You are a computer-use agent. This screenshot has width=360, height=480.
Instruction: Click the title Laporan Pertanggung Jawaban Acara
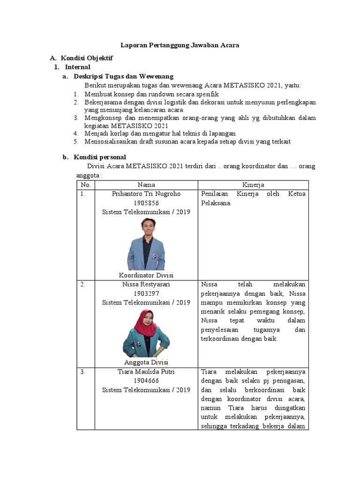[180, 45]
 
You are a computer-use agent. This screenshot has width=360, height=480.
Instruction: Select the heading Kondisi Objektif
[87, 58]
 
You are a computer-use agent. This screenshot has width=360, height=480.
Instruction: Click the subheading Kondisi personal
[100, 157]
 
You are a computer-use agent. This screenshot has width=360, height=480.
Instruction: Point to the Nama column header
[146, 185]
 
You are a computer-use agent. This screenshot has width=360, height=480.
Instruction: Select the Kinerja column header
[254, 185]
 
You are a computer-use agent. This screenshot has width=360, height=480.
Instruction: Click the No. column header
[86, 185]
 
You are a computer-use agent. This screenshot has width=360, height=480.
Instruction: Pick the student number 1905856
[146, 203]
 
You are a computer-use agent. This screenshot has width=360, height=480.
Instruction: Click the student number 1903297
[146, 293]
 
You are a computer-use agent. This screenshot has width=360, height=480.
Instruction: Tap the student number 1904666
[146, 381]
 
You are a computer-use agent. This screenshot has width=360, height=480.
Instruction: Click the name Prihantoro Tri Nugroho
[146, 194]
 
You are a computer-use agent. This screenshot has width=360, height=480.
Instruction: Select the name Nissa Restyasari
[146, 285]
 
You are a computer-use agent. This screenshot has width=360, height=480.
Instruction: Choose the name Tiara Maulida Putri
[146, 372]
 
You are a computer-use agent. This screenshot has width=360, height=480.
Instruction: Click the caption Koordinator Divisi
[146, 275]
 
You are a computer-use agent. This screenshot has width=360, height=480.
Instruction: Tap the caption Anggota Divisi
[146, 362]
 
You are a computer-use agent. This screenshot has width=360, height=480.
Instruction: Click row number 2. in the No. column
[82, 285]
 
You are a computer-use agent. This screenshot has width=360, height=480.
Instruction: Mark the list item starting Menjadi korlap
[160, 134]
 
